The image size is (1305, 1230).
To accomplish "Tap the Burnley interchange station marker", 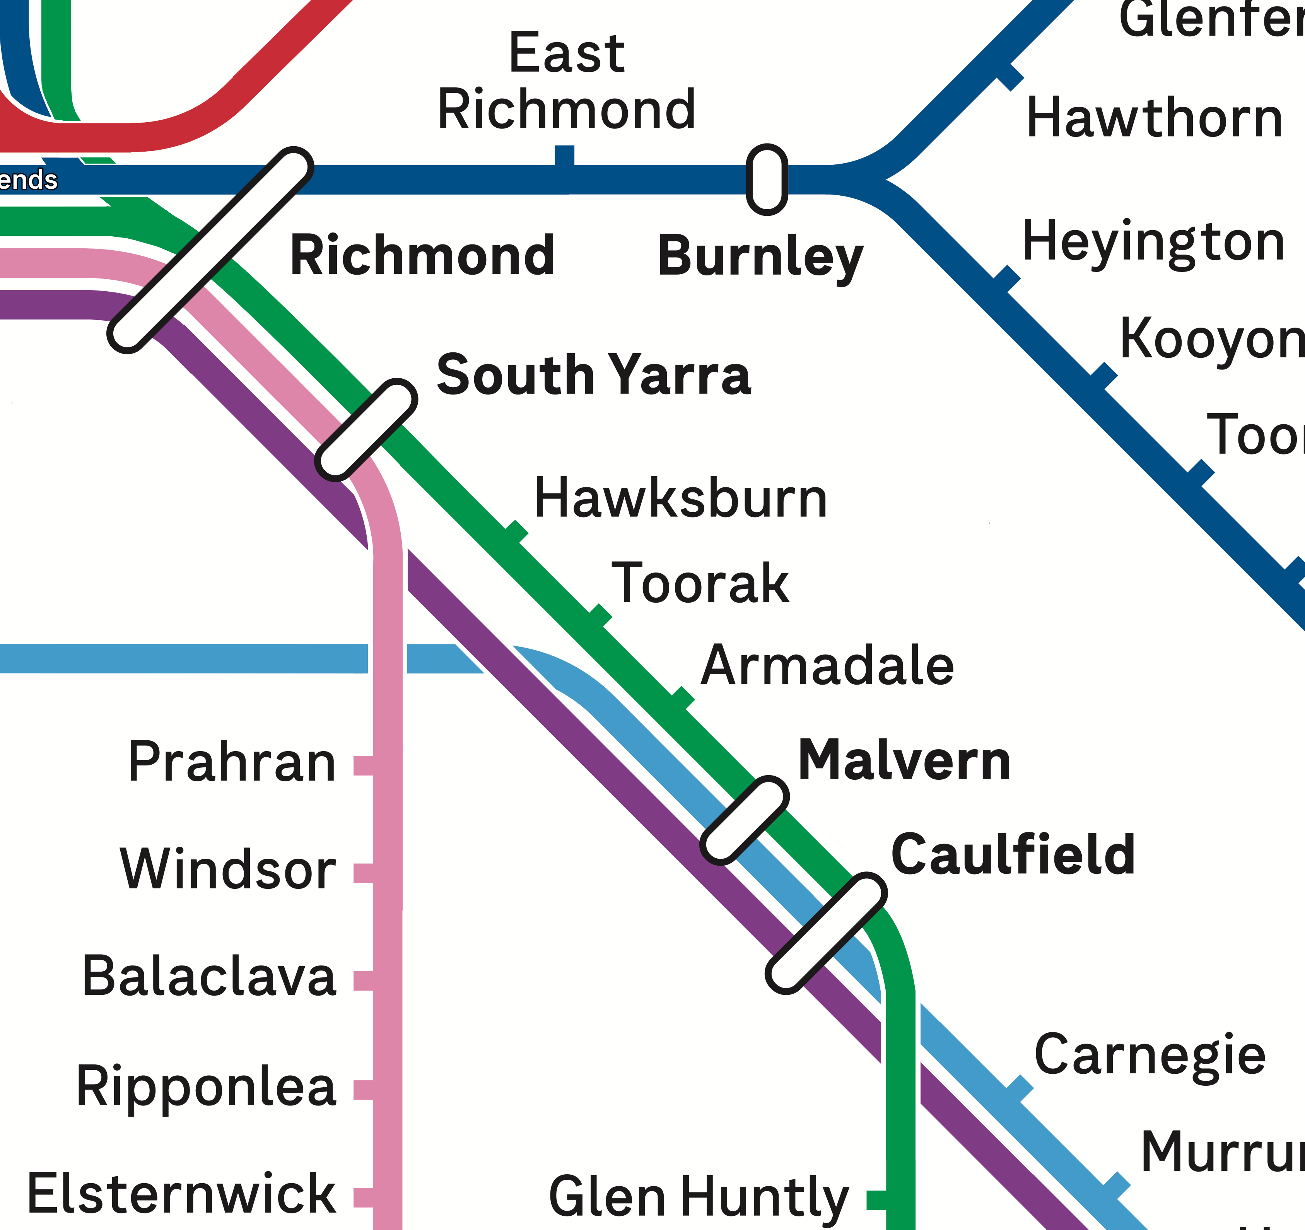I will [767, 179].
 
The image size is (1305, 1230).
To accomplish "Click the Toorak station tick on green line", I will [599, 616].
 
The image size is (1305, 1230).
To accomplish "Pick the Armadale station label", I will [827, 666].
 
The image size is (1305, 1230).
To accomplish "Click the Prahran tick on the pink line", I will [363, 765].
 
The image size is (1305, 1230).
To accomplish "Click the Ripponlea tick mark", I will [363, 1090].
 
